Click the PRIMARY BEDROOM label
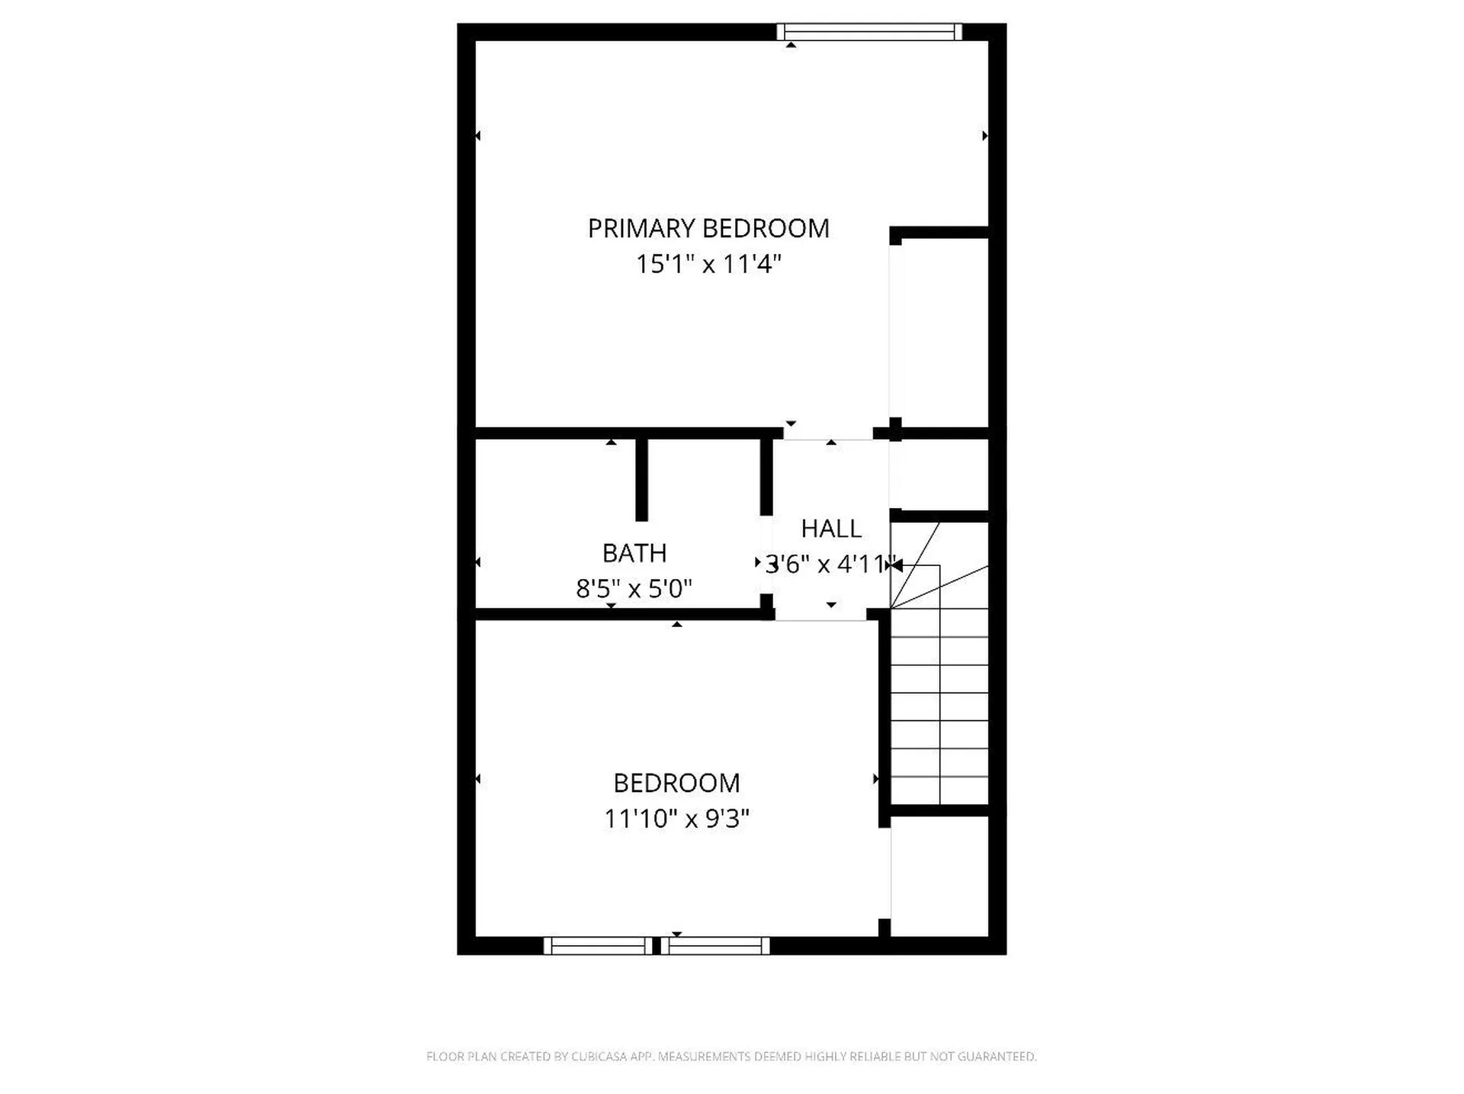[x=708, y=228]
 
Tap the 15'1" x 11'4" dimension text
[x=708, y=264]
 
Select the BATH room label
[x=634, y=552]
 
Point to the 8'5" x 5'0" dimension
[x=634, y=588]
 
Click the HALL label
[x=831, y=528]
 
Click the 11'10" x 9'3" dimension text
[x=676, y=819]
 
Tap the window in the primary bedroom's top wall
[x=869, y=31]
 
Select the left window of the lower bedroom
[x=598, y=946]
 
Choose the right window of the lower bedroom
[x=715, y=946]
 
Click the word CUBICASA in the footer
[x=599, y=1057]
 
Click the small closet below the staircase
[x=939, y=876]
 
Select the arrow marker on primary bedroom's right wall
[x=985, y=136]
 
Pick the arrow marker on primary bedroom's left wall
[x=478, y=136]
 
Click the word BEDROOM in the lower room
[x=676, y=783]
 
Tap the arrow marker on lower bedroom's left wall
[x=478, y=779]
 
